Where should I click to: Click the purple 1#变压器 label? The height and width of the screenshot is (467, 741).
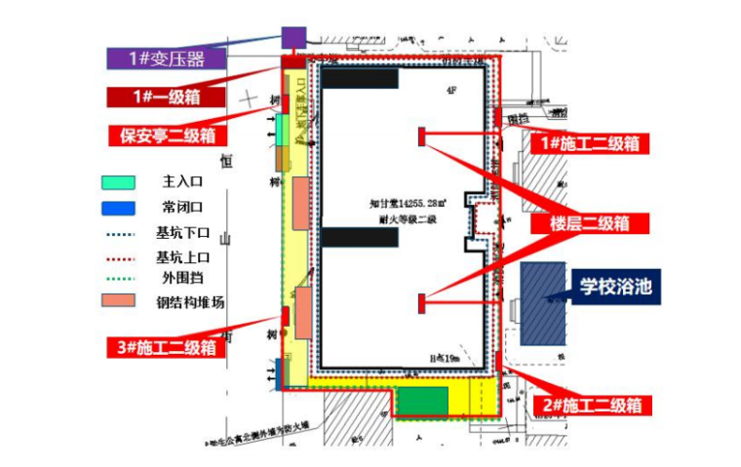coord(167,58)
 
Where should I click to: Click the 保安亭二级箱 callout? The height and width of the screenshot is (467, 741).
coord(167,136)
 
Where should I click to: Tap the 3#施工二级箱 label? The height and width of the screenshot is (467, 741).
coord(162,346)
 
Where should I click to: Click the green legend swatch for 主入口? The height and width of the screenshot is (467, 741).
coord(118,182)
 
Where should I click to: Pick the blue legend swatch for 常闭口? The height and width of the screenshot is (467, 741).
coord(118,207)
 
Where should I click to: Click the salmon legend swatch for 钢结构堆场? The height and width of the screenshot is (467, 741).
coord(118,301)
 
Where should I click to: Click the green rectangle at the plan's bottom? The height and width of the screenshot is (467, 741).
coord(421,401)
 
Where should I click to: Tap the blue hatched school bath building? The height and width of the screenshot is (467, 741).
coord(543,303)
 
